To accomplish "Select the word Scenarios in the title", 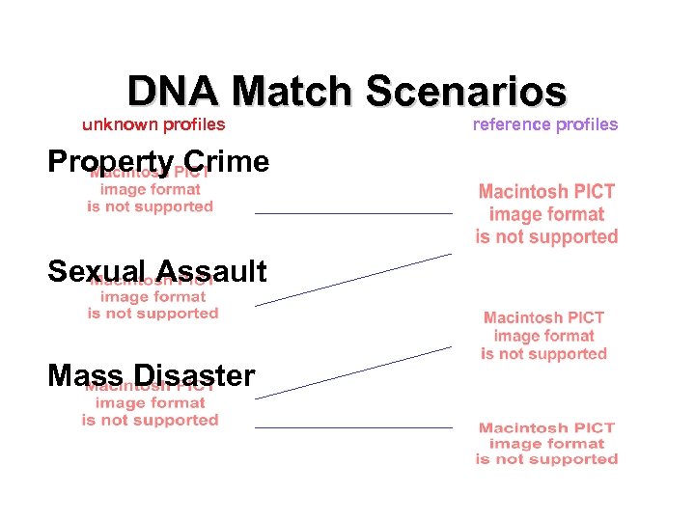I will coord(465,93).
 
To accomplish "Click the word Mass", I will coord(84,375).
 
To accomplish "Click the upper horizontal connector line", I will coord(353,212).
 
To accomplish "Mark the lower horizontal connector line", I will coord(353,426).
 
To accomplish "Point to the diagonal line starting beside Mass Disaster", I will coord(353,371).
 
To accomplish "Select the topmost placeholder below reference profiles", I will coord(546,214).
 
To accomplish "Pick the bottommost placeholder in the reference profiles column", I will coord(546,443).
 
